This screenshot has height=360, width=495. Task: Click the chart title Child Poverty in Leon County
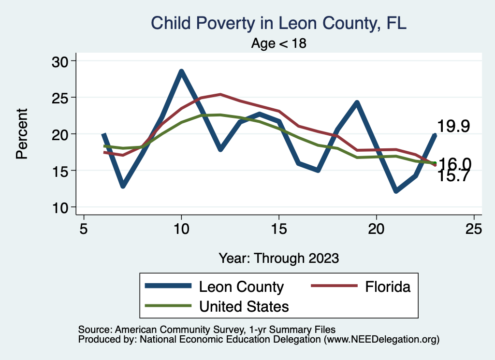point(279,23)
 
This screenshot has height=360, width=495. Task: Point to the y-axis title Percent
point(21,134)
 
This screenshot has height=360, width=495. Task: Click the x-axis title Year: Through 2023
point(278,258)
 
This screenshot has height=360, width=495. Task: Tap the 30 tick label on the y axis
point(60,61)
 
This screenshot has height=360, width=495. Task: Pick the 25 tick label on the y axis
point(60,98)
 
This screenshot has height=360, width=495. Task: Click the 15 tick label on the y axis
point(60,171)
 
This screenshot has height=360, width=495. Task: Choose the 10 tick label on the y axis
point(60,207)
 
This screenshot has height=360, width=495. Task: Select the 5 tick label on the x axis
point(84,229)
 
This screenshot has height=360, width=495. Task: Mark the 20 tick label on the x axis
point(376,229)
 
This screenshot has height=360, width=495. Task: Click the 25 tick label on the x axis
point(474,229)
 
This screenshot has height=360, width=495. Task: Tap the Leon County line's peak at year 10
point(181,72)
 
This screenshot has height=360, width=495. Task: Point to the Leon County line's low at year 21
point(396,191)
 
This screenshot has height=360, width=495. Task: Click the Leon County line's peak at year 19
point(357,102)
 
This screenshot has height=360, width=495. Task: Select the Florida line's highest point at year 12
point(220,94)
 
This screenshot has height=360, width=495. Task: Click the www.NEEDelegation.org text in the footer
point(381,340)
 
